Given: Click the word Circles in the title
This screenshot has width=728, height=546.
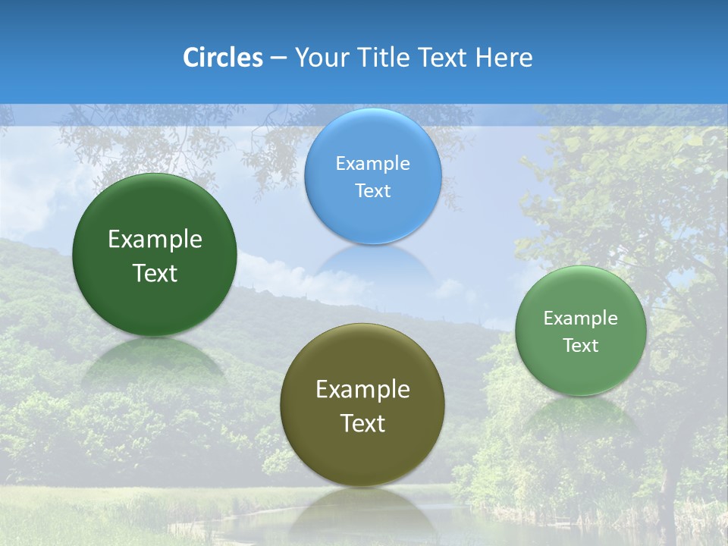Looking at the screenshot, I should [222, 58].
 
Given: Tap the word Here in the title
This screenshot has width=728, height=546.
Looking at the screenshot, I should [504, 58].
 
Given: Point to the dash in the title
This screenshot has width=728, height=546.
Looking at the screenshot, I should [278, 58].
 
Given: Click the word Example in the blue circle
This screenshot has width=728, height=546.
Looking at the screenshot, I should [373, 163].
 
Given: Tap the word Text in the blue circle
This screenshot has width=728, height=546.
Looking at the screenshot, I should [373, 190].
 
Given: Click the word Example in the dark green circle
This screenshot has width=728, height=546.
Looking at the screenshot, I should [155, 240].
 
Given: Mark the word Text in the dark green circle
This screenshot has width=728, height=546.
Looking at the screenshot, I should [155, 273].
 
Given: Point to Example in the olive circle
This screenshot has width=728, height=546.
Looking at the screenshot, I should [362, 390].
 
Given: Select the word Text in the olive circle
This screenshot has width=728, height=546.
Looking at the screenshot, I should [362, 423].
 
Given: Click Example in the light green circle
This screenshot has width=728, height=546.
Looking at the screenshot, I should [581, 318].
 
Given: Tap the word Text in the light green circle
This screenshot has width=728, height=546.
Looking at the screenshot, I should [581, 346].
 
